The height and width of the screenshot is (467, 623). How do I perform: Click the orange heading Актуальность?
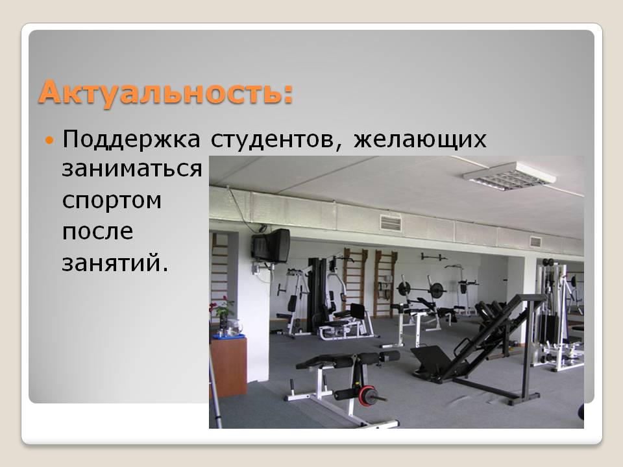[166, 93]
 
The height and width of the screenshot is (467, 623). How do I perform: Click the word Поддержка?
[131, 140]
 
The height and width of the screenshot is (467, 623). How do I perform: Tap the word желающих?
[420, 140]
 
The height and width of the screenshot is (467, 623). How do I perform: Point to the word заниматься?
[132, 169]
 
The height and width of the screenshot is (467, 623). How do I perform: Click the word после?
[98, 231]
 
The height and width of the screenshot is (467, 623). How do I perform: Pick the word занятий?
[116, 263]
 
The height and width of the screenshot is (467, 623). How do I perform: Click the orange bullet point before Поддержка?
[49, 140]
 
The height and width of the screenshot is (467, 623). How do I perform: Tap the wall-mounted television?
[271, 245]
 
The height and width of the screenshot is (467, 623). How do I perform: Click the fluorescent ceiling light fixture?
[509, 176]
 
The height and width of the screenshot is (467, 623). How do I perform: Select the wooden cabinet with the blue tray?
[228, 365]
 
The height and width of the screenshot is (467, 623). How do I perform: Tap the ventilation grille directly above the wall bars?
[391, 223]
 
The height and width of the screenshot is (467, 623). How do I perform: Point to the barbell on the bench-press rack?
[422, 289]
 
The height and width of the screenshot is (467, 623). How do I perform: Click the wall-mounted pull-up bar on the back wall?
[434, 257]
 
